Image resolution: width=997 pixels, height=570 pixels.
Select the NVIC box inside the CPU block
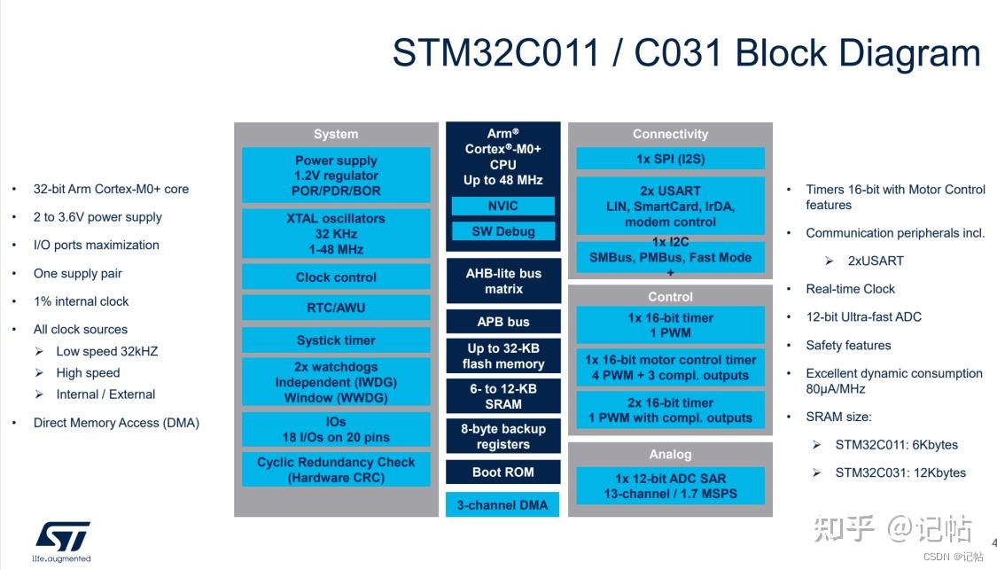click(502, 206)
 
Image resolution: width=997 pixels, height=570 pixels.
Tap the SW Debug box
click(502, 231)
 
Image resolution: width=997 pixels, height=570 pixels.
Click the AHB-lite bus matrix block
click(502, 281)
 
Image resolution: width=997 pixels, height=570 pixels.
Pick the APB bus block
click(502, 322)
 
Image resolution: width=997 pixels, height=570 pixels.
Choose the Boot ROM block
click(502, 472)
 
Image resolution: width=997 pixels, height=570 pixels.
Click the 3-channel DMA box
click(502, 505)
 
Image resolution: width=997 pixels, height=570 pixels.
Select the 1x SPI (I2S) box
click(670, 159)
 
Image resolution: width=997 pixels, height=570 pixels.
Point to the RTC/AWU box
click(336, 308)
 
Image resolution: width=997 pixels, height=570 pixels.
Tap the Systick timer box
click(336, 340)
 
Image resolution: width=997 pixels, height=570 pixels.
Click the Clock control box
click(336, 277)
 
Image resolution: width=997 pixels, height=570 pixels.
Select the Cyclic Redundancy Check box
click(336, 470)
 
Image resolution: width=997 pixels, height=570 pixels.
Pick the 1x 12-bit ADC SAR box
click(670, 486)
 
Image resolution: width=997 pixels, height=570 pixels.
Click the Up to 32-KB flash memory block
click(502, 356)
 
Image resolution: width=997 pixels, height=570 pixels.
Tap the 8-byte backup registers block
click(502, 437)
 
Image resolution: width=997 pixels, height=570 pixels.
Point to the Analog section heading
click(670, 454)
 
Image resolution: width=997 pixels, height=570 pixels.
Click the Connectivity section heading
click(670, 134)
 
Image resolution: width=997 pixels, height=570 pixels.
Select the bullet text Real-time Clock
click(850, 289)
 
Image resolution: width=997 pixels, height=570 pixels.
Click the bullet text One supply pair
click(78, 273)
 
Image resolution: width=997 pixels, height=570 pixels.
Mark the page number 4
click(993, 543)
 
